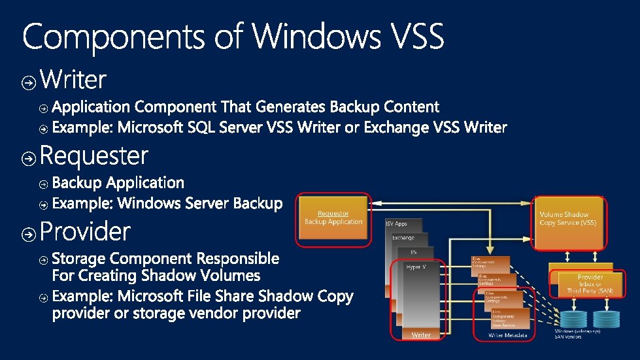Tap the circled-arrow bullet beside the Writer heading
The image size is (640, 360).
(29, 82)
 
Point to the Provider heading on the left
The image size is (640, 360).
(85, 231)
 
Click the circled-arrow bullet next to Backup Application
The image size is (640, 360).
(43, 184)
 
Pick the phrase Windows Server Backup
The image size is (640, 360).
(200, 204)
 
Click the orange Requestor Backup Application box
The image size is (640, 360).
(333, 218)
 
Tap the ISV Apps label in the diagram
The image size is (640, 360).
(397, 223)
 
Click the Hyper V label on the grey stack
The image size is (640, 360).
(416, 267)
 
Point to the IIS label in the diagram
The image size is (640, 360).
(413, 252)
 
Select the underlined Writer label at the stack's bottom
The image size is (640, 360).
(421, 335)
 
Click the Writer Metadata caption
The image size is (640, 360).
(505, 335)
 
